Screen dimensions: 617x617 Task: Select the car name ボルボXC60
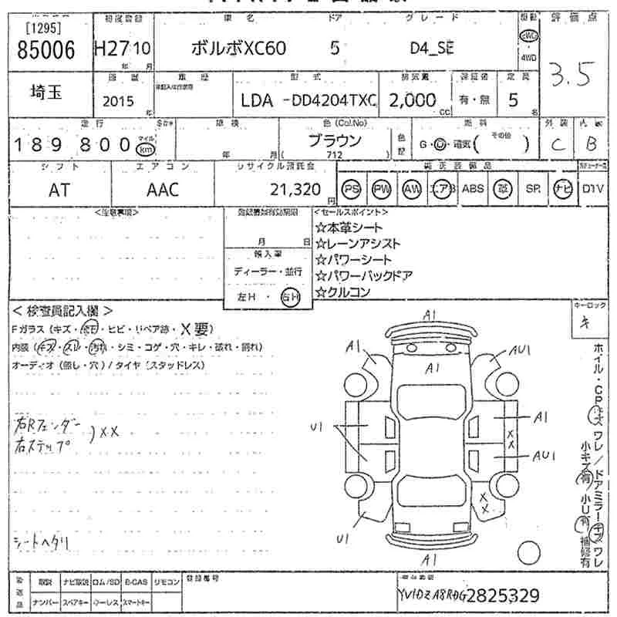tap(238, 48)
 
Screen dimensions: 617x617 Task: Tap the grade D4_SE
tap(432, 48)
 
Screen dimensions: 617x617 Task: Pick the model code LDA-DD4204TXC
tap(308, 100)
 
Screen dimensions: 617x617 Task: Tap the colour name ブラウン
tap(335, 140)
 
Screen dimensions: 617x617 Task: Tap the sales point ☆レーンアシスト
tap(358, 244)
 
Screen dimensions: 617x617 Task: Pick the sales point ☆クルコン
tap(342, 292)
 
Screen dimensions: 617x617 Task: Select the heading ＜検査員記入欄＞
tap(62, 311)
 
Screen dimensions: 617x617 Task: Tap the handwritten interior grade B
tap(592, 144)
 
